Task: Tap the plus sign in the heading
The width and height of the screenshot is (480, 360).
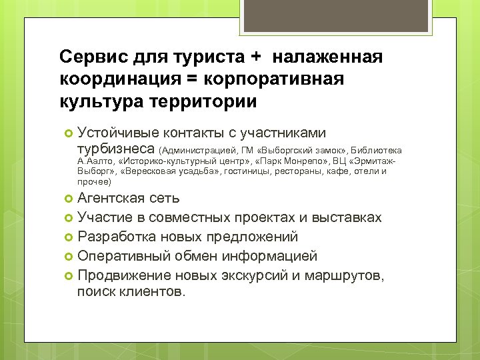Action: (x=255, y=57)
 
